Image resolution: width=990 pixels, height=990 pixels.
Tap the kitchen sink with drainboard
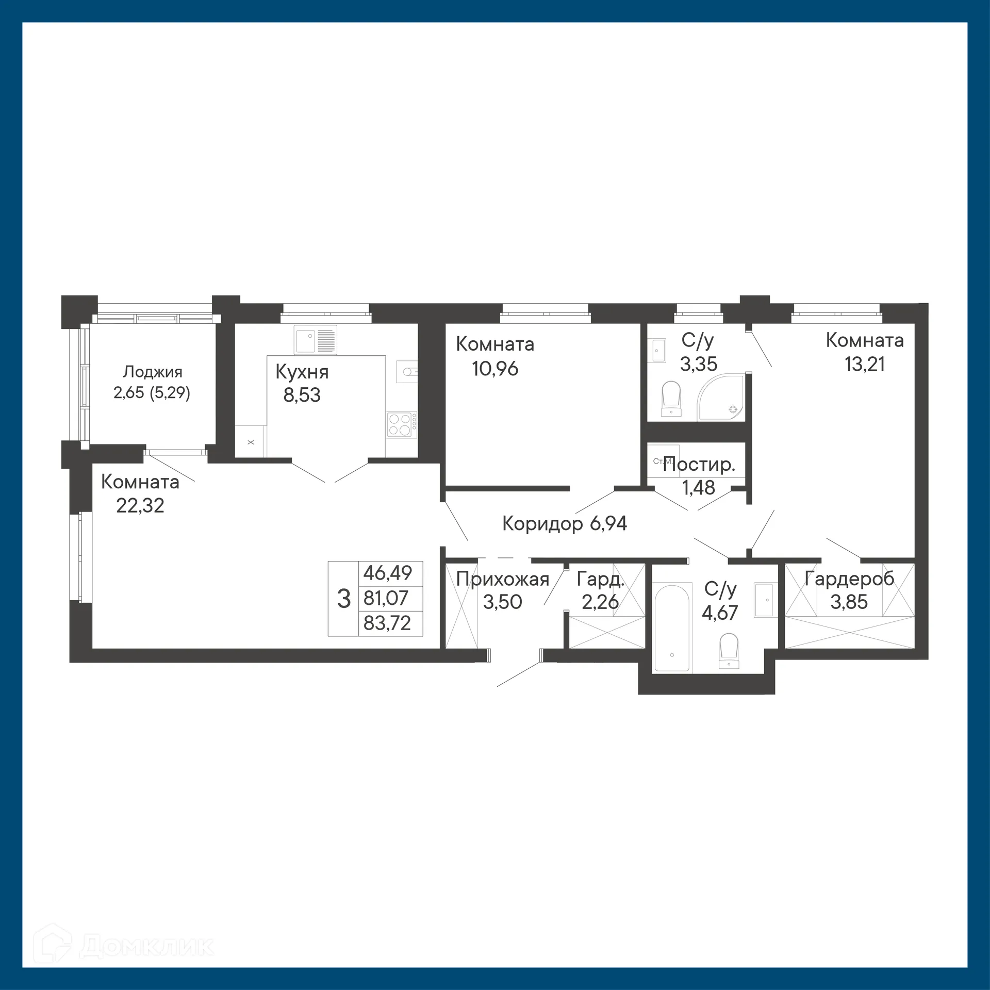point(315,340)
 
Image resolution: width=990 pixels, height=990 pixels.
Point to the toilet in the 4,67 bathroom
point(729,651)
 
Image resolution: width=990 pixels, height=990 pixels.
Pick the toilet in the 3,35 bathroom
point(671,399)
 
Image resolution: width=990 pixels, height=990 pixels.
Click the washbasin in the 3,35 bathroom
point(658,351)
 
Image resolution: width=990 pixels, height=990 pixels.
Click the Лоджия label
point(152,372)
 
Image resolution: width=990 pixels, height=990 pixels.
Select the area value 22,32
point(140,506)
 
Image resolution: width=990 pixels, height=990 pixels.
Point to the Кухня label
point(302,372)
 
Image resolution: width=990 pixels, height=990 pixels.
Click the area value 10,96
point(495,369)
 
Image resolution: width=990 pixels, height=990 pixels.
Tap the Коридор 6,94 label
point(565,524)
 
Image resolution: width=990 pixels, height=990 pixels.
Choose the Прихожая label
point(503,580)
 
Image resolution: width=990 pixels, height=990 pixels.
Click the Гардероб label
point(849,579)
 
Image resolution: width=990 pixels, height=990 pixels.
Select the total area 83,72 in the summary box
point(387,623)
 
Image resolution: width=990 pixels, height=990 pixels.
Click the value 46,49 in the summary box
point(388,573)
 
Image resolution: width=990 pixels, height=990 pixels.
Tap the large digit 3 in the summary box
point(344,599)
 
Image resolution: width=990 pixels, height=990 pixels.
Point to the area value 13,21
point(865,364)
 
